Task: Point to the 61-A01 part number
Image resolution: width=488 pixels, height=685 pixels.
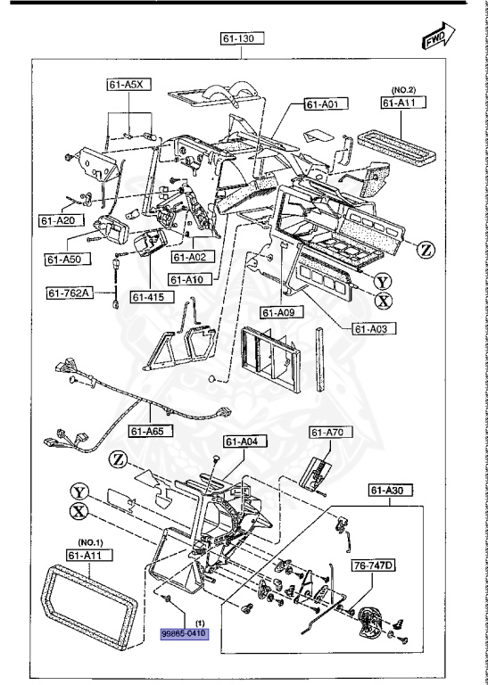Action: click(x=325, y=104)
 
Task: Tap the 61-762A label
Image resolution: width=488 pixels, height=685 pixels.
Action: click(x=70, y=292)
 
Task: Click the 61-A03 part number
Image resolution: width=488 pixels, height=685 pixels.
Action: click(x=375, y=329)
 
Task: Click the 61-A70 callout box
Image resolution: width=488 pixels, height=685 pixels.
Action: click(x=327, y=433)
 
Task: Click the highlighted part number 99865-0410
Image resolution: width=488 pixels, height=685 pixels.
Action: click(x=185, y=632)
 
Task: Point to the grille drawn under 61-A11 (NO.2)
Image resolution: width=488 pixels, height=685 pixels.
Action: click(x=398, y=139)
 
